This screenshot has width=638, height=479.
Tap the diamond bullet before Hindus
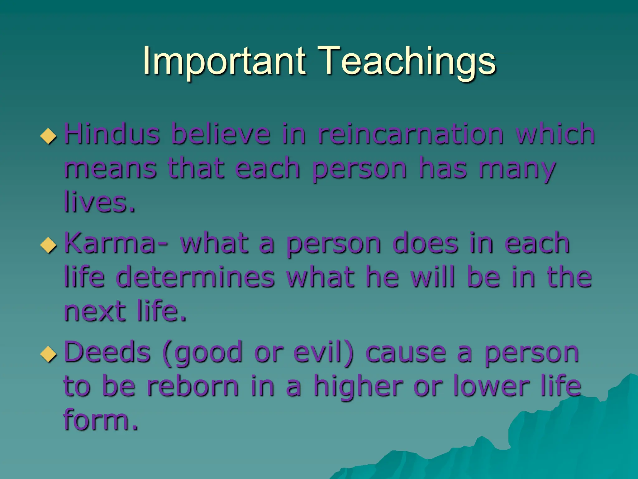pos(49,136)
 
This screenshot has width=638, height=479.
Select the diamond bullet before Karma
pos(49,245)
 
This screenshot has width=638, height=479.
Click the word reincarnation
pos(410,134)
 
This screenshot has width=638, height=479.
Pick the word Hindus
pos(112,134)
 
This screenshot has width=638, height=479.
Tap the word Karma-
pos(116,243)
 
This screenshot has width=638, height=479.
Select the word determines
pos(195,277)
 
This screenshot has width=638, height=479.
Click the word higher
pos(358,387)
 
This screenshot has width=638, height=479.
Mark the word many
pos(517,169)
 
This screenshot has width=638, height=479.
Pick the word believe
pos(221,134)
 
